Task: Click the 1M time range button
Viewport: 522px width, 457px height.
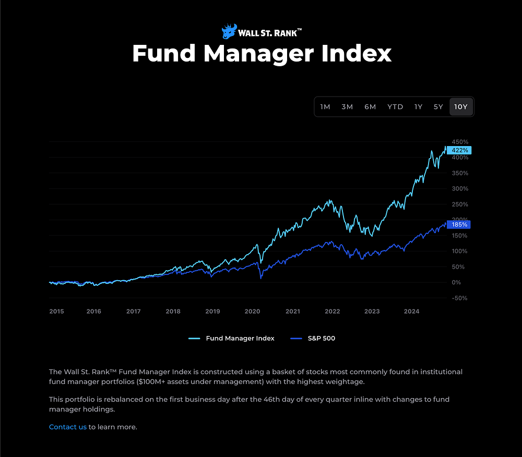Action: click(325, 107)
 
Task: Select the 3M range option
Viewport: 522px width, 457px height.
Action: click(347, 107)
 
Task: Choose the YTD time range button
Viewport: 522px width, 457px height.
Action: click(395, 107)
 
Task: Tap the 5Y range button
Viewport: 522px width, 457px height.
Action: click(438, 107)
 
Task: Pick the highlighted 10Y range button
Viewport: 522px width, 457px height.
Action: click(461, 107)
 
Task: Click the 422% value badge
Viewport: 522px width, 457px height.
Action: click(460, 150)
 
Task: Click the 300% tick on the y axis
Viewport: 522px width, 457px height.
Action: click(460, 188)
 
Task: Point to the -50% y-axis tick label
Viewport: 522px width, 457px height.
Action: click(459, 298)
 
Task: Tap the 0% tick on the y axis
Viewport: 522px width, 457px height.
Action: click(456, 282)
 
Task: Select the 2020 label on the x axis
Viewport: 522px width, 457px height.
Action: click(252, 311)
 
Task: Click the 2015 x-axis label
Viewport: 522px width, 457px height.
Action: click(56, 311)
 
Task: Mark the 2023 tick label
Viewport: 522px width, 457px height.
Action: click(372, 311)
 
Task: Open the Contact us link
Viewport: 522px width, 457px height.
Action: click(68, 427)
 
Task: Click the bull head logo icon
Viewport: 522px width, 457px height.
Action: click(229, 31)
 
